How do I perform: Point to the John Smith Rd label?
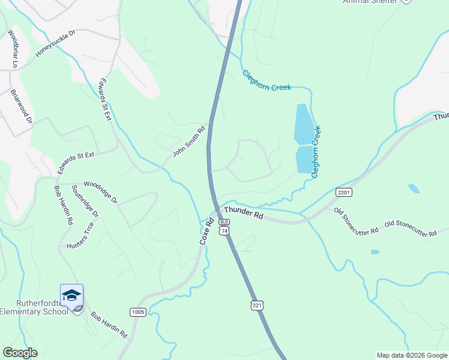tap(188, 141)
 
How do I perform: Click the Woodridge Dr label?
tap(100, 192)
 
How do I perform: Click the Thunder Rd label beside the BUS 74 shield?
tap(243, 212)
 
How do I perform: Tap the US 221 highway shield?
tap(257, 305)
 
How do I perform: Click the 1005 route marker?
tap(137, 312)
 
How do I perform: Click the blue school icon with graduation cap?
tap(72, 296)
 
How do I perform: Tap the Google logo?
tap(20, 353)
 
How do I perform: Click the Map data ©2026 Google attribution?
tap(411, 355)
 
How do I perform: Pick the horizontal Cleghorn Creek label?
tap(267, 80)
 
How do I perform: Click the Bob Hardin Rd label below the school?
tap(109, 324)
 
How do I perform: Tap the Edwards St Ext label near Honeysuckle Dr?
tap(106, 99)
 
